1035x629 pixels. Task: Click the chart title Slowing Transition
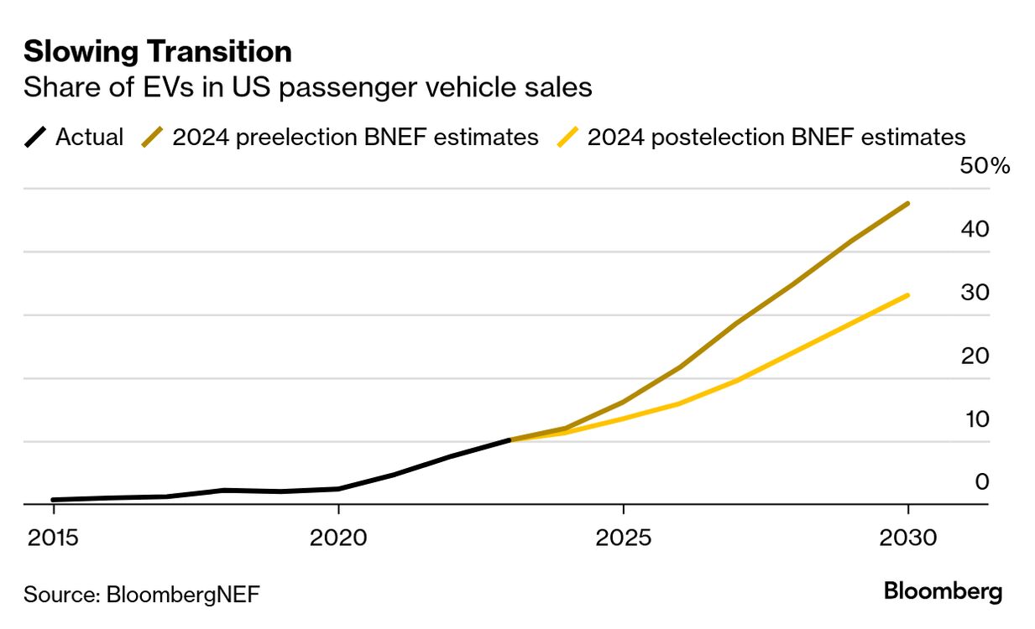158,52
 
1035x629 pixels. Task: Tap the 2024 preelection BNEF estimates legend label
355,137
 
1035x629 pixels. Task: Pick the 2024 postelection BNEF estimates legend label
776,137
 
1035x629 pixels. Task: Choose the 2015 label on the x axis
53,537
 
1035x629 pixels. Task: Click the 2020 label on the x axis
337,537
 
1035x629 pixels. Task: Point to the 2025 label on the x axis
623,537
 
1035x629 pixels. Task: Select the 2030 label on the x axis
907,537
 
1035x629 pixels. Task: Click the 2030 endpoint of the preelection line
907,204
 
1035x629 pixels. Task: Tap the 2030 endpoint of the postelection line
907,295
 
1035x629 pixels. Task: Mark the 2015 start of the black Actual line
54,500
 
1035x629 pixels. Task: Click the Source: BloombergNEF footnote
141,595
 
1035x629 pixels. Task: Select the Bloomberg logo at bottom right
943,591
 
